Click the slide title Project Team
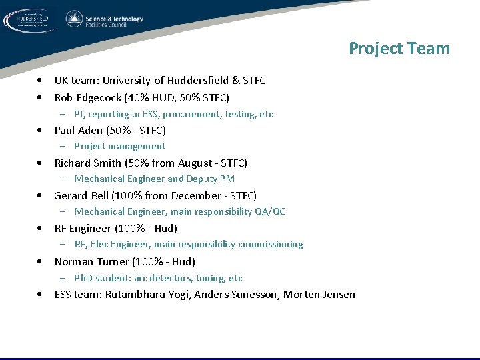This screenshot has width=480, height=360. coord(399,49)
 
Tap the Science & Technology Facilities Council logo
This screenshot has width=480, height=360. coord(105,20)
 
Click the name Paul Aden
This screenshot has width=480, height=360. coord(78,131)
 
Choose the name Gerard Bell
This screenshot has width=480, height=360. coord(81,196)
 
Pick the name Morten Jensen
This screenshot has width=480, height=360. coord(319,295)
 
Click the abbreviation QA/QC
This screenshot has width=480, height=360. coord(270,212)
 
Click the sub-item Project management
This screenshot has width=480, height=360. coord(120,147)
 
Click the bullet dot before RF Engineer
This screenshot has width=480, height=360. coord(41,229)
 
